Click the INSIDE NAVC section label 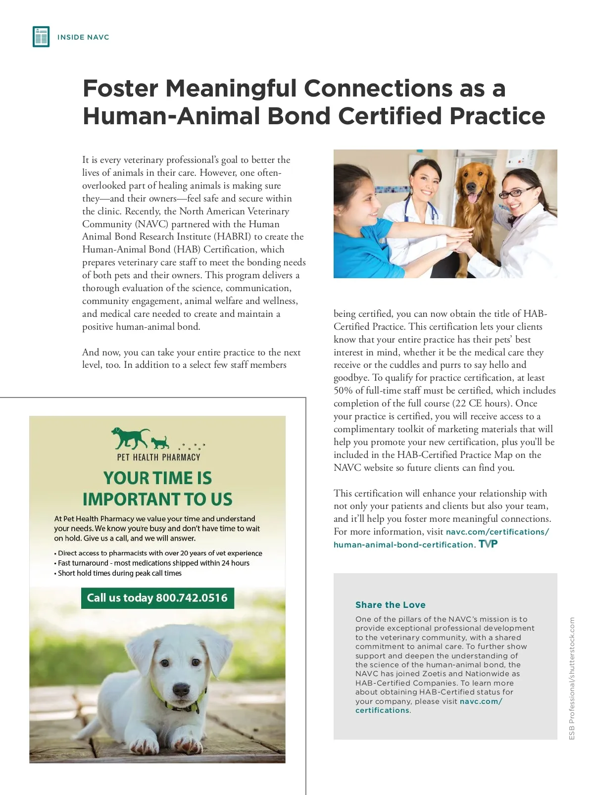point(83,37)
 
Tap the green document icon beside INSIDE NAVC point(41,37)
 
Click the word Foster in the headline point(120,89)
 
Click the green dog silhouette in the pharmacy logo point(130,437)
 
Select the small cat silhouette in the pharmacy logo point(160,442)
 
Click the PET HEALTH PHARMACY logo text point(158,457)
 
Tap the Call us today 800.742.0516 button point(157,598)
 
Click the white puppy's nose point(181,689)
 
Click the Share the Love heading point(390,604)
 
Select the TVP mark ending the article point(488,544)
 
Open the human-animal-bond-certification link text point(403,545)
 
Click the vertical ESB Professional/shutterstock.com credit point(572,678)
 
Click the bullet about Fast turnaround point(153,563)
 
